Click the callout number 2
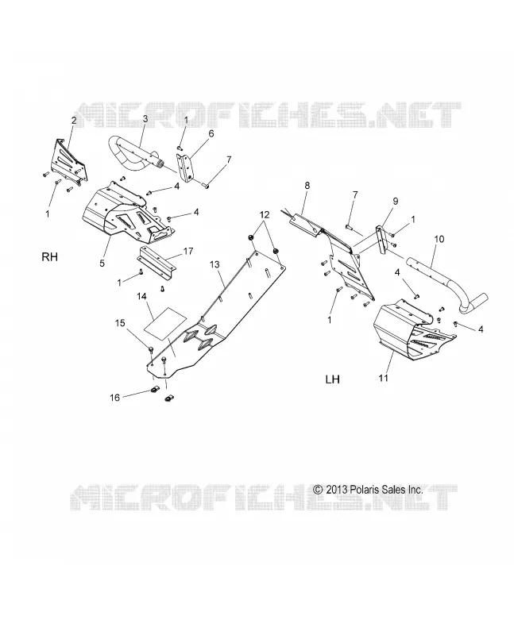point(74,120)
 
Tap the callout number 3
point(145,118)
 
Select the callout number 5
point(102,264)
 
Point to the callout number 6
point(211,133)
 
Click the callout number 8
point(307,186)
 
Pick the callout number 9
point(395,202)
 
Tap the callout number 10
point(439,239)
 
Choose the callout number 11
point(384,378)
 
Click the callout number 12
point(265,214)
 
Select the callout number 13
point(214,264)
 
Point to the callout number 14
point(141,296)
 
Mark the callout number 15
point(120,323)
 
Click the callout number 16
point(114,398)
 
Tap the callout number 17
point(188,252)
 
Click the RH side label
point(50,257)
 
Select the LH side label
point(332,379)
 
